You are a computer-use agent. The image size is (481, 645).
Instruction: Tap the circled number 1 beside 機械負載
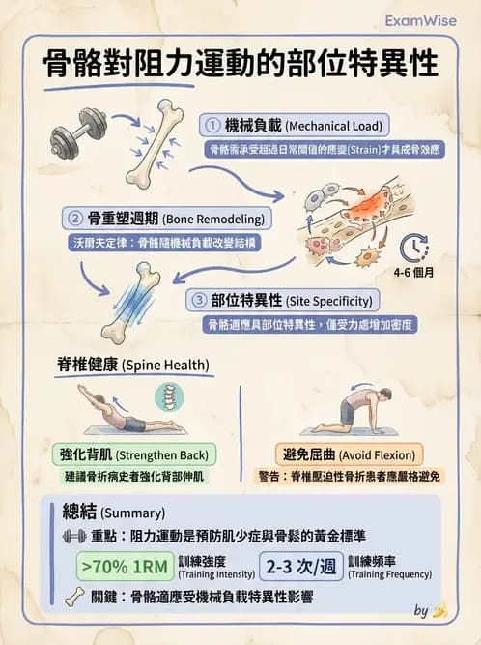[213, 125]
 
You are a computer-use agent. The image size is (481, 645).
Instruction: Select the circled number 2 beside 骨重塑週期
[73, 216]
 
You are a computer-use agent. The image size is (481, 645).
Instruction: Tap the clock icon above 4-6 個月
[413, 248]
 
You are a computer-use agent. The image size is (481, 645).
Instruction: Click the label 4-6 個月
[413, 272]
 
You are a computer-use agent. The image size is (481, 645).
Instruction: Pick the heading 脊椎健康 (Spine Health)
[133, 365]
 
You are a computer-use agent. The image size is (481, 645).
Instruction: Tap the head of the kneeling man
[383, 396]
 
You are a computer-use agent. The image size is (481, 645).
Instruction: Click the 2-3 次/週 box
[300, 566]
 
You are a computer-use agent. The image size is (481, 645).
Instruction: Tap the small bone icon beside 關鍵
[72, 598]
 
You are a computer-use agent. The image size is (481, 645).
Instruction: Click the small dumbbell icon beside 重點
[72, 535]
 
